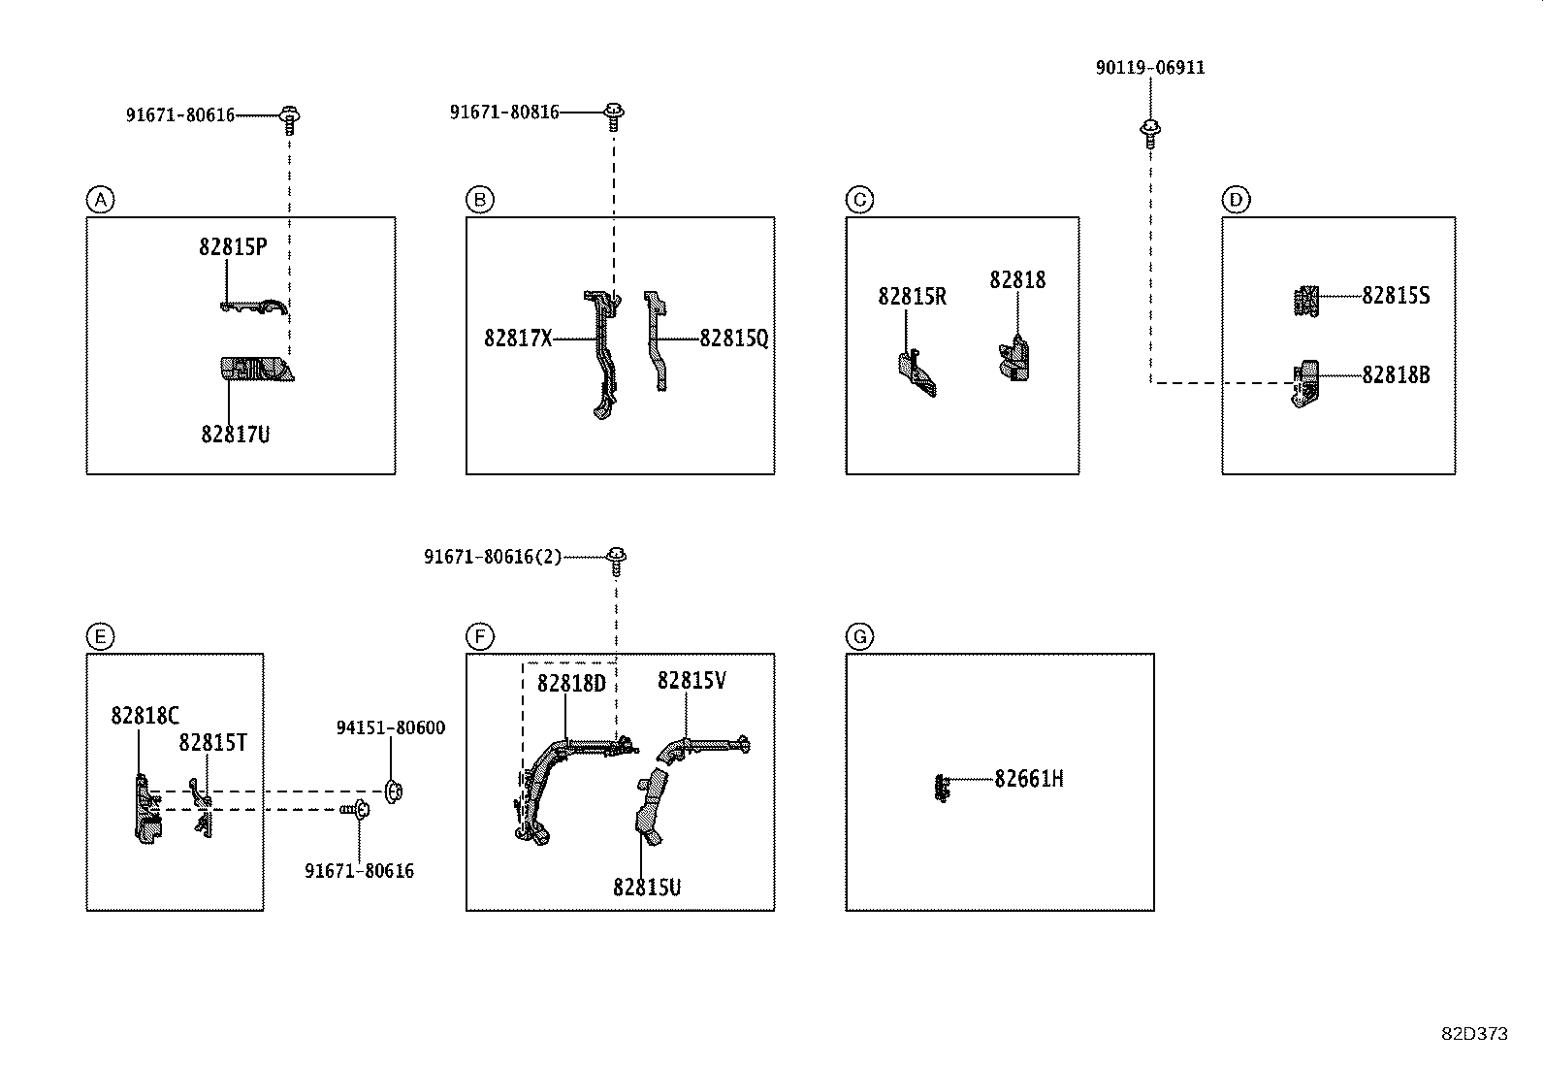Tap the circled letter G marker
(859, 636)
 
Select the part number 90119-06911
(1150, 68)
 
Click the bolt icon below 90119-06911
(1150, 132)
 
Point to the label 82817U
(236, 435)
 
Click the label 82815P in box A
(233, 247)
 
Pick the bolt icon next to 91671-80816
(613, 116)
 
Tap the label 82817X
(518, 339)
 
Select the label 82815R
(912, 297)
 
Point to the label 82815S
(1395, 296)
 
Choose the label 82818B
(1395, 375)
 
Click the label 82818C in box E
(145, 716)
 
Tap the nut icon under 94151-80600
(393, 791)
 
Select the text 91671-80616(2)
(492, 558)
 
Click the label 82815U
(646, 888)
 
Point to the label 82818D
(570, 684)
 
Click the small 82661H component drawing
(941, 787)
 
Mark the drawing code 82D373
(1473, 1034)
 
